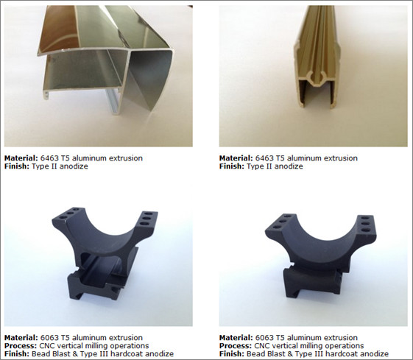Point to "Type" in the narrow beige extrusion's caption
(x=255, y=166)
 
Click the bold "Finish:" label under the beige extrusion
(x=232, y=166)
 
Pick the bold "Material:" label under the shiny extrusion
(x=19, y=158)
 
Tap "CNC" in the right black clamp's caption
(x=264, y=346)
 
